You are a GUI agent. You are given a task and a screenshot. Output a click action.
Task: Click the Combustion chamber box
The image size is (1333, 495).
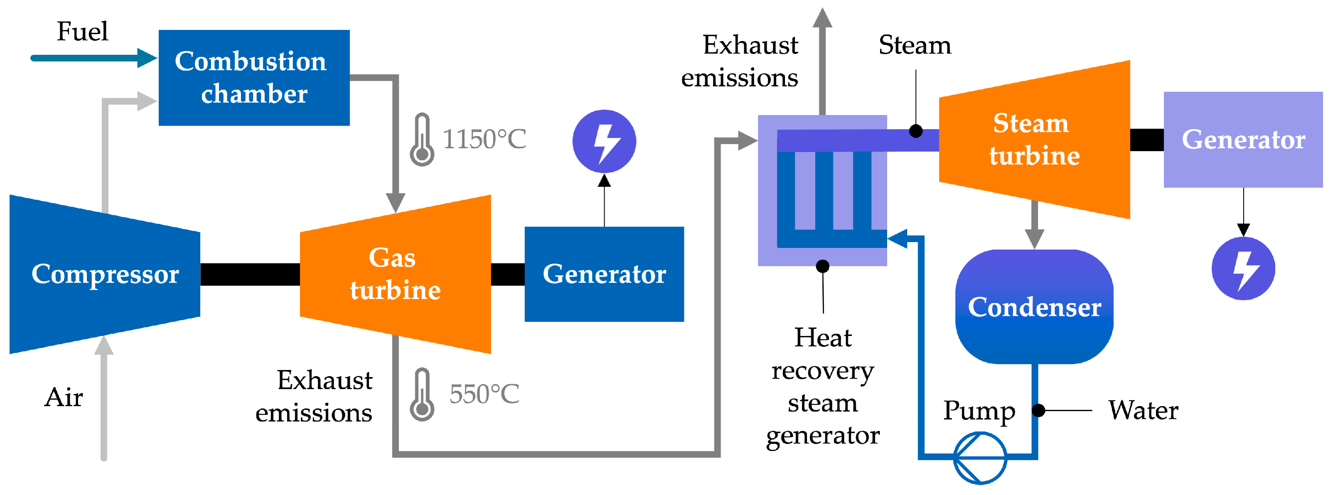click(253, 78)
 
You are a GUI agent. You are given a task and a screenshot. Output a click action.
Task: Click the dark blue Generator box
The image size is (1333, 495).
click(604, 274)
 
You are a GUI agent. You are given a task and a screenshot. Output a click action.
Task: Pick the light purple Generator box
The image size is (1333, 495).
click(1243, 140)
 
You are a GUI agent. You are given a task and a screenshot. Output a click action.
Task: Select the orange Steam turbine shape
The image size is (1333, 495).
click(1034, 140)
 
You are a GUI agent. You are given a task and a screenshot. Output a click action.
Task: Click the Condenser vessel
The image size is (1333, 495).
click(1034, 307)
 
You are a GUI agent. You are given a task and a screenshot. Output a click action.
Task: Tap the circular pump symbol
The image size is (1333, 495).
click(979, 458)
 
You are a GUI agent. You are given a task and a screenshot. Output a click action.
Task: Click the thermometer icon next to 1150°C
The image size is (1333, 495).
click(422, 140)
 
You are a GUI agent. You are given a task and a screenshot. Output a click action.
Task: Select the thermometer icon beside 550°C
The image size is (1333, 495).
click(422, 395)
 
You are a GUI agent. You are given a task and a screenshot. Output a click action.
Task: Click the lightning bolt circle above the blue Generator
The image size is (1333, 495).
click(604, 141)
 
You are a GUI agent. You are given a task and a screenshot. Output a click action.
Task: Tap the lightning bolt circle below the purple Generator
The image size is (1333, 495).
click(1243, 268)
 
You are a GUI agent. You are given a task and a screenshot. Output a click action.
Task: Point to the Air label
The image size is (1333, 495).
click(64, 397)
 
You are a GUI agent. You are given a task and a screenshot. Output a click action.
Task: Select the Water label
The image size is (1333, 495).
click(1143, 410)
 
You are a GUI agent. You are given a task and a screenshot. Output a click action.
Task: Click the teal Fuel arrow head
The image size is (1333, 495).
click(146, 58)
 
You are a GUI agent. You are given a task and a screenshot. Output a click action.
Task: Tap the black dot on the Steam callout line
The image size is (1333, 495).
click(915, 131)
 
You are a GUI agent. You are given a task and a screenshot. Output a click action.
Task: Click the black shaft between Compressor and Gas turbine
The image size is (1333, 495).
click(250, 274)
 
